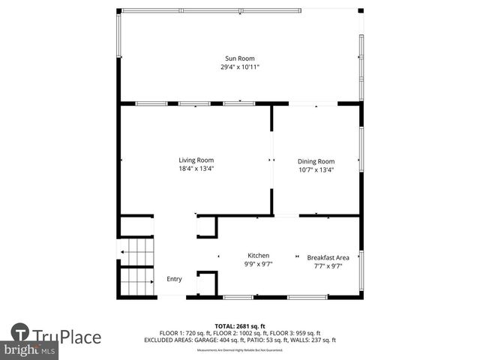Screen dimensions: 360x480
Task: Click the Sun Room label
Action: (x=240, y=58)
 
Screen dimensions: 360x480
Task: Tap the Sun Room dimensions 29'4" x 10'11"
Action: (x=240, y=67)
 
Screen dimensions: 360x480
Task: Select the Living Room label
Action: (x=196, y=160)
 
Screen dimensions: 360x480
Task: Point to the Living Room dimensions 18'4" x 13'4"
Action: (x=196, y=169)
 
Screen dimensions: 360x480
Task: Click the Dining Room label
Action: (x=316, y=161)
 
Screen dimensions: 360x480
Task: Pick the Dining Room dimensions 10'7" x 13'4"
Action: (x=316, y=169)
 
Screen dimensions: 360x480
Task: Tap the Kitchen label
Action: (x=258, y=256)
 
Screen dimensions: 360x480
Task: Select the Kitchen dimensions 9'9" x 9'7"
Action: (x=258, y=264)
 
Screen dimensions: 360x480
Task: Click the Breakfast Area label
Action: (x=328, y=257)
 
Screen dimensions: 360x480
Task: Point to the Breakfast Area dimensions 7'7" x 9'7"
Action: (x=328, y=265)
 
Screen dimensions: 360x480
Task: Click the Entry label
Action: (x=174, y=279)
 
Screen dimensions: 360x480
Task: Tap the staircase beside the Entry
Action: (x=136, y=268)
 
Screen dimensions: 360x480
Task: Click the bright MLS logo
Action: (x=30, y=350)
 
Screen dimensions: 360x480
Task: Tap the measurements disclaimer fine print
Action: (x=240, y=349)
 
